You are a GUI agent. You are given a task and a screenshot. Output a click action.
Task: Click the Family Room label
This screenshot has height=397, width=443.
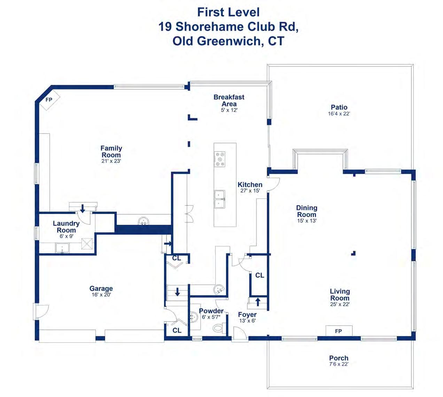tap(111, 151)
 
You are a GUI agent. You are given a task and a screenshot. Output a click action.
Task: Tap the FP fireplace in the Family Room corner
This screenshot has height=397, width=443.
tap(50, 100)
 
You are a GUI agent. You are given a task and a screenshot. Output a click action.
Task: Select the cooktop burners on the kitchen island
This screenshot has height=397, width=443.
tap(219, 159)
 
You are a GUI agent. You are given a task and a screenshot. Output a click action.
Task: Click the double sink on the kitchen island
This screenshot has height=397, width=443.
tap(219, 199)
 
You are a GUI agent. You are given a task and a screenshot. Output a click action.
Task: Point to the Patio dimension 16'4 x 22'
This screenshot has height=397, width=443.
tap(339, 114)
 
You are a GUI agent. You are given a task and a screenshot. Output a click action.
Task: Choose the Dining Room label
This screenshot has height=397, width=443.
tap(306, 211)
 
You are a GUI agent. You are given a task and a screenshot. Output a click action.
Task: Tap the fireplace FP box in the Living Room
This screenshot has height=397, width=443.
tap(339, 331)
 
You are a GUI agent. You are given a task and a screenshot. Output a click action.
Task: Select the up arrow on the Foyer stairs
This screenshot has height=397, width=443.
tap(258, 302)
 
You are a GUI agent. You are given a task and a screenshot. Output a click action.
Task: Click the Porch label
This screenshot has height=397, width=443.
tap(339, 358)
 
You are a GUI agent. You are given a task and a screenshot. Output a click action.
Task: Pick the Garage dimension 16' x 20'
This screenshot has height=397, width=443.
tap(101, 294)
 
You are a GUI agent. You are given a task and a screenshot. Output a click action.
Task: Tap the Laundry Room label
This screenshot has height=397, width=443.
tap(66, 227)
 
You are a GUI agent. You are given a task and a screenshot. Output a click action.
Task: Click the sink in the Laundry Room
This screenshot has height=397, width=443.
tap(62, 248)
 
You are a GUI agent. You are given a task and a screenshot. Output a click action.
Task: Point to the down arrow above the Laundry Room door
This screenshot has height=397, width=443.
tap(83, 208)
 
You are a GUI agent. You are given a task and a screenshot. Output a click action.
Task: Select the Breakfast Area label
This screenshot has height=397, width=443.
tap(229, 100)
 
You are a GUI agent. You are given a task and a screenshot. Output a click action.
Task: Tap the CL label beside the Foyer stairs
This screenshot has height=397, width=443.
tap(260, 275)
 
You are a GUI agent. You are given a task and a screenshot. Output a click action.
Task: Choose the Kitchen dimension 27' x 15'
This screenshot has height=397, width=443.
tap(250, 191)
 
